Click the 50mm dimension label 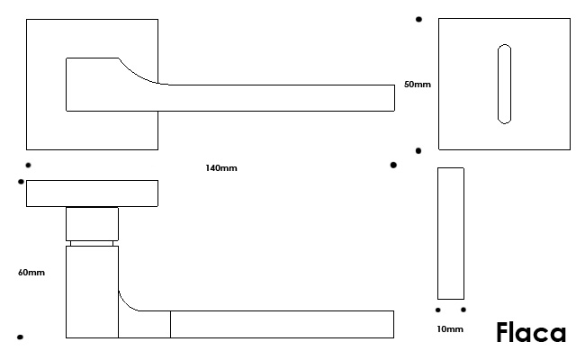418,84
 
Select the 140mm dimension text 221,168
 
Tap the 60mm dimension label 31,272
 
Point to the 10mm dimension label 449,329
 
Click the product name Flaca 531,333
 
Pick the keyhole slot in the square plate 504,83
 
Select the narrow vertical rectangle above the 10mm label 451,233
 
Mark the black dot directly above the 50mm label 418,19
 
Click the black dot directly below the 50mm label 418,150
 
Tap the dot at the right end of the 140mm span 393,165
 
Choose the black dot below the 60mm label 20,337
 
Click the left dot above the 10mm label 437,310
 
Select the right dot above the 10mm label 463,310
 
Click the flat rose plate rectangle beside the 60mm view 93,193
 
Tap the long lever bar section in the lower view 281,324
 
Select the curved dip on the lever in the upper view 139,73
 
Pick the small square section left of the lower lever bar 144,325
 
